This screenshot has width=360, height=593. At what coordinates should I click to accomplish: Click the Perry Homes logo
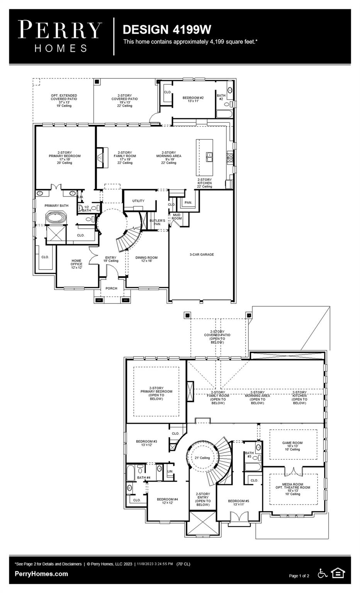pos(60,36)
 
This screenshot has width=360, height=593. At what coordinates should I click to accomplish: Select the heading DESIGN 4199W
pos(166,29)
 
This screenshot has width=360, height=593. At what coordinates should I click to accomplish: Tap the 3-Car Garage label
pos(202,254)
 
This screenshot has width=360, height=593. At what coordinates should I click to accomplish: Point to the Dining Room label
pos(146,259)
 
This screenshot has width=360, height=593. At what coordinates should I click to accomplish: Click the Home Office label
pos(76,264)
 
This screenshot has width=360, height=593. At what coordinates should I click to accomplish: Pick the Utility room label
pos(138,201)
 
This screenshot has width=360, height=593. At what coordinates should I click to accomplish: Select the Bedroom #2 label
pos(193,99)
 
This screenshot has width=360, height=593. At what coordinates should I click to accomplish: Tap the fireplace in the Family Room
pos(100,157)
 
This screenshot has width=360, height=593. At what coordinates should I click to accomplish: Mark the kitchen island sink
pos(210,156)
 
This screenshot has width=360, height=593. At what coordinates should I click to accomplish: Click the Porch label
pos(111,288)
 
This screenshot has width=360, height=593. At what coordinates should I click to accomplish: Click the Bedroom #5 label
pos(238,502)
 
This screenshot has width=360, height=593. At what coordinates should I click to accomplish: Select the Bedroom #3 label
pos(146,443)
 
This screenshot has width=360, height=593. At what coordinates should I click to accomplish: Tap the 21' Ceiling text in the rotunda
pos(202,458)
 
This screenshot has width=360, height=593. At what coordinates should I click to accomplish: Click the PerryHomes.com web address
pos(41,574)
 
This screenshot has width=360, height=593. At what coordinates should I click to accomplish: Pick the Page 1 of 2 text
pos(299,576)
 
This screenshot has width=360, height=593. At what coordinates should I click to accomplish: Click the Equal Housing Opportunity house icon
pos(338,573)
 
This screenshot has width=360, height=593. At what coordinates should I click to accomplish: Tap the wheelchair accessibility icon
pos(322,573)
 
